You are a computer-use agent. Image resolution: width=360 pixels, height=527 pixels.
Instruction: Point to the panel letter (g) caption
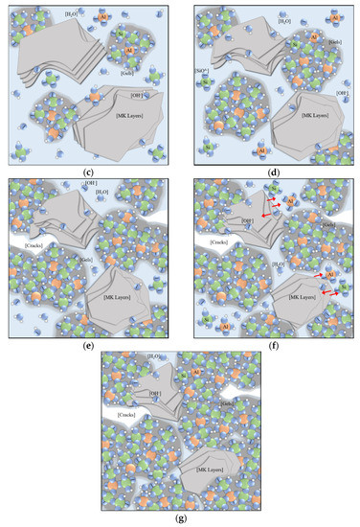point(180,519)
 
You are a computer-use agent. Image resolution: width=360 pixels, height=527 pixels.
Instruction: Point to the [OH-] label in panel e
point(92,182)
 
